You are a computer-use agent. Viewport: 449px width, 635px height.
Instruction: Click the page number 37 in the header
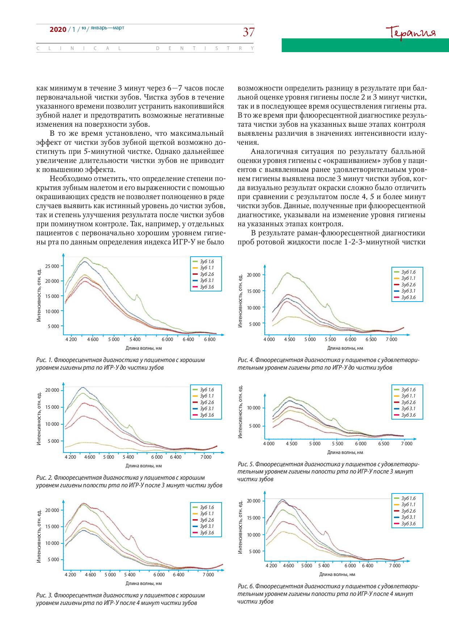tap(248, 32)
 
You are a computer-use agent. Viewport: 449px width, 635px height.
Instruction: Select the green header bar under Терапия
tap(365, 45)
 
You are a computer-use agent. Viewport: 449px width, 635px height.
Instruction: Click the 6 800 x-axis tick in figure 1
tap(210, 340)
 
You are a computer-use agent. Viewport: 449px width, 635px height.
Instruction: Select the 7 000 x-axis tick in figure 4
tap(391, 340)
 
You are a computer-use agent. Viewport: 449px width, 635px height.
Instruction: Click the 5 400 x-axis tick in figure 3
tap(129, 575)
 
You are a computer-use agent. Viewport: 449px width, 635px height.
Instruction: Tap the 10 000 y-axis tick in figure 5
tap(253, 408)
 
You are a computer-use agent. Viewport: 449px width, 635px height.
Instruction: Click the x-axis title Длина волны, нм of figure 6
tap(337, 574)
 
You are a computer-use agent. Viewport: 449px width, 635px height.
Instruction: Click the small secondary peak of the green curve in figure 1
tap(137, 295)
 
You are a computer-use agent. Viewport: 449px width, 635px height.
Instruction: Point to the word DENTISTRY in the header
tap(205, 48)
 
